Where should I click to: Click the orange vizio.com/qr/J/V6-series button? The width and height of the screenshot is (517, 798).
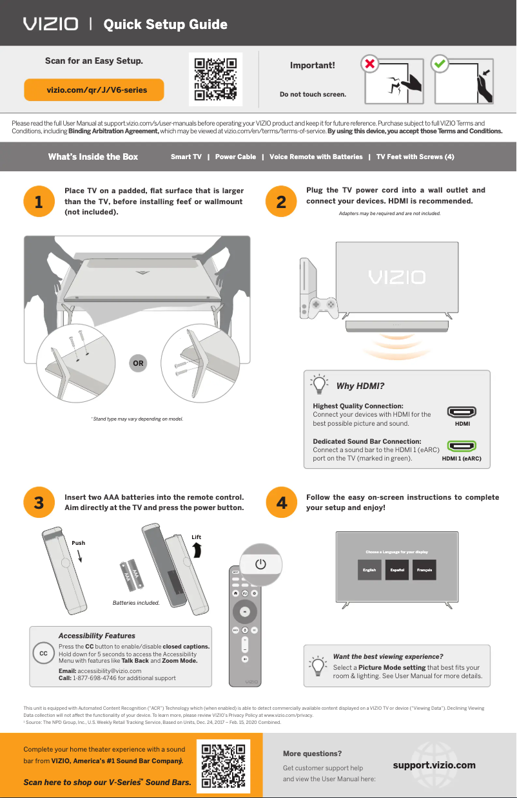click(94, 90)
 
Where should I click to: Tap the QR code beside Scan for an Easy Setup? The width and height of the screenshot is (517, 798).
click(216, 80)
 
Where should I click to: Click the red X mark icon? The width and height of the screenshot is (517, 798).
click(369, 64)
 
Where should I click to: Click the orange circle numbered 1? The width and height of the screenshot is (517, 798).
click(39, 202)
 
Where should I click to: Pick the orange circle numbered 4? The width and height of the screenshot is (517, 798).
click(281, 503)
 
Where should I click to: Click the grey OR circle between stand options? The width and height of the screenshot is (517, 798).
click(138, 363)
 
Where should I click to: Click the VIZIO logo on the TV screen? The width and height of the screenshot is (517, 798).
click(396, 277)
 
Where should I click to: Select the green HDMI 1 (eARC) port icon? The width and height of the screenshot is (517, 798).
click(462, 446)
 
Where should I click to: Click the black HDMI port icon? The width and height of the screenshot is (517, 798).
click(462, 412)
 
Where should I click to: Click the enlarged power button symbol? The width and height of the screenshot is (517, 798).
click(260, 564)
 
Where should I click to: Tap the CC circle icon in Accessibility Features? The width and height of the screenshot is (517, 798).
click(43, 653)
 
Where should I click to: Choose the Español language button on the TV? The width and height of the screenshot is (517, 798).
click(397, 570)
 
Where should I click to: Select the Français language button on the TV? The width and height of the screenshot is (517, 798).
click(424, 570)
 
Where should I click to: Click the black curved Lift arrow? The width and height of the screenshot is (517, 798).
click(197, 549)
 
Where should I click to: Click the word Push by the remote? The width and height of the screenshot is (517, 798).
click(78, 543)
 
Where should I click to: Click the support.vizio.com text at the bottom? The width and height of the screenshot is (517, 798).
click(434, 765)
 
